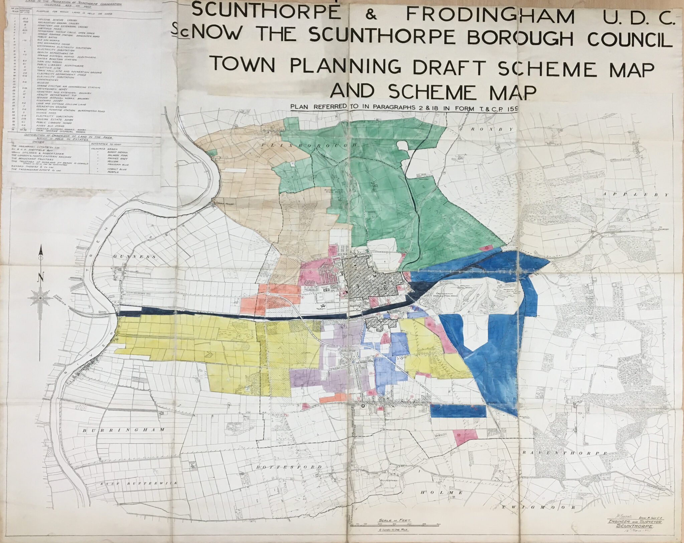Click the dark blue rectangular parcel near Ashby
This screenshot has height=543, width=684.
458,411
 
